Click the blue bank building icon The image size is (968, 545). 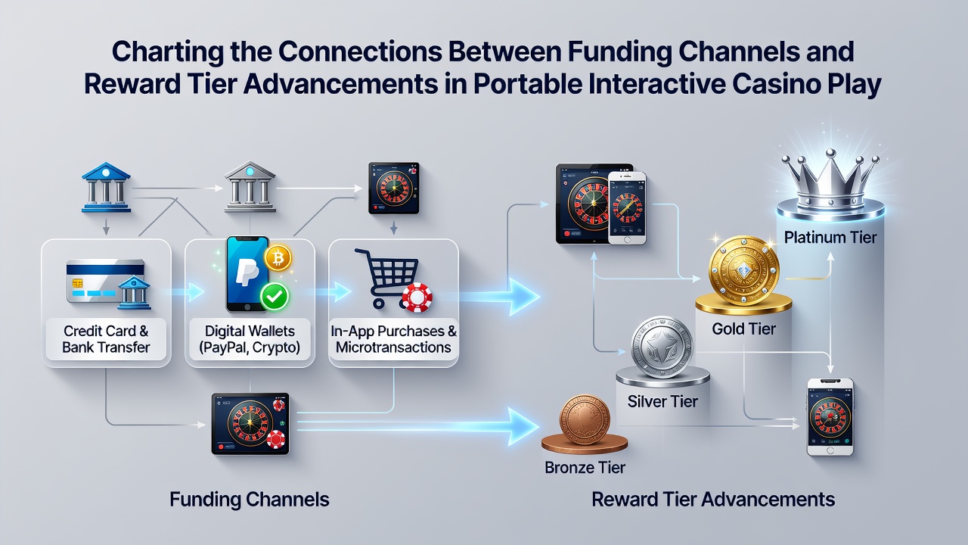106,187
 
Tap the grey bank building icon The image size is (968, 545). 250,186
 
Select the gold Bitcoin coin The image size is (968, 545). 278,258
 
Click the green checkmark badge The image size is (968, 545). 275,297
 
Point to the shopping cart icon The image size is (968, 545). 386,278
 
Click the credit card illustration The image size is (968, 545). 105,281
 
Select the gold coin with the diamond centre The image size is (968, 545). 743,270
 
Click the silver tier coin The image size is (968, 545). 662,347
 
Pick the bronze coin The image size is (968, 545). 585,419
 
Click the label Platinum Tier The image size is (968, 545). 830,238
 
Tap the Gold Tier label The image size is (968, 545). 743,329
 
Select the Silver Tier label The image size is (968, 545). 662,401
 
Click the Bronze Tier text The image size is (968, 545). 585,468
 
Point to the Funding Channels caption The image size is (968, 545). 250,500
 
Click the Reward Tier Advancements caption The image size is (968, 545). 713,500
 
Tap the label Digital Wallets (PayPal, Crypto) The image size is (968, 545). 250,339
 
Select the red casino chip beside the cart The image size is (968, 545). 417,297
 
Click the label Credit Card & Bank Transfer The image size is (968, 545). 106,339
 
